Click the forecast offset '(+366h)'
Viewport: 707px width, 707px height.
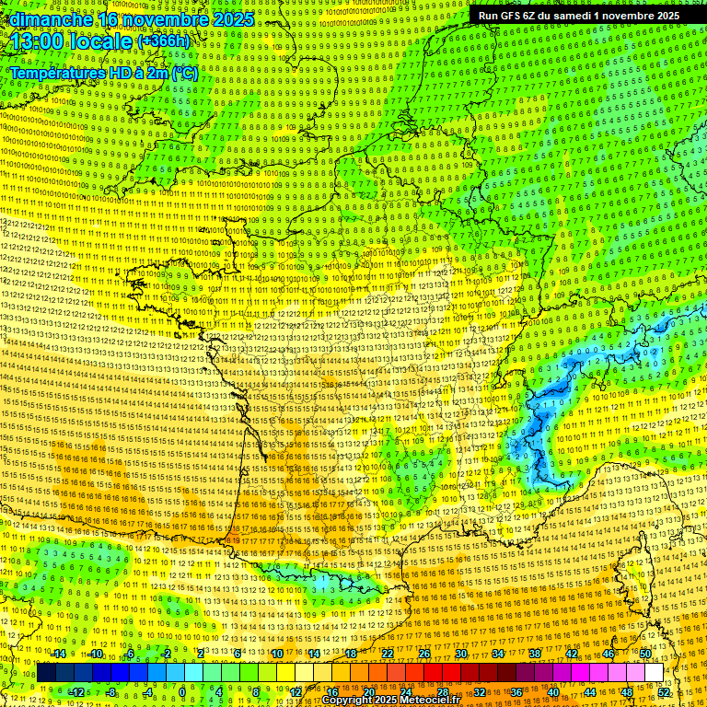coord(164,41)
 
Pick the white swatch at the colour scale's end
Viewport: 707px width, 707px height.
coord(654,673)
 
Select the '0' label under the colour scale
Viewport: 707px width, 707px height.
coord(183,692)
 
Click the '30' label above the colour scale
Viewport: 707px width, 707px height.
coord(461,654)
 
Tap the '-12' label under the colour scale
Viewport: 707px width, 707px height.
coord(75,692)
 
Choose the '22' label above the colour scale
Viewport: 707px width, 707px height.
coord(388,654)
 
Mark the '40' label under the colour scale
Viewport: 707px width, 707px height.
coord(553,692)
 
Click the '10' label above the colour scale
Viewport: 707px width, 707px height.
coord(277,654)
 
